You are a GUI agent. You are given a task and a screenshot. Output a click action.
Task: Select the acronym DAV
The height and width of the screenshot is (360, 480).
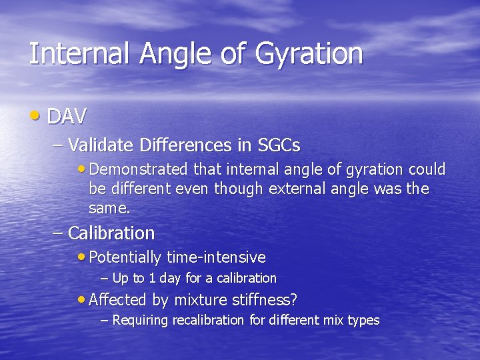[x=67, y=117]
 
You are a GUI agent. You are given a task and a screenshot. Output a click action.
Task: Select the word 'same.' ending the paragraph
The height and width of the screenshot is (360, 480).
[x=109, y=208]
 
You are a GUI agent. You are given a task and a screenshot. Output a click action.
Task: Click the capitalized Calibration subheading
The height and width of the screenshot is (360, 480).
[x=111, y=233]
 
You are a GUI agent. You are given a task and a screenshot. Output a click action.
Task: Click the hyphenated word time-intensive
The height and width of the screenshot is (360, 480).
[x=216, y=257]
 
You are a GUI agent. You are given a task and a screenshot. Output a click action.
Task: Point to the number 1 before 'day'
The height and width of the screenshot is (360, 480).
[x=153, y=278]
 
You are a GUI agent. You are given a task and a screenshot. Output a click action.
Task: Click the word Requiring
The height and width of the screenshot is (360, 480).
[x=141, y=321]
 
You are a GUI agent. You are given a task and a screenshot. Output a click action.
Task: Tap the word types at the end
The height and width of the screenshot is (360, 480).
[x=363, y=321]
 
